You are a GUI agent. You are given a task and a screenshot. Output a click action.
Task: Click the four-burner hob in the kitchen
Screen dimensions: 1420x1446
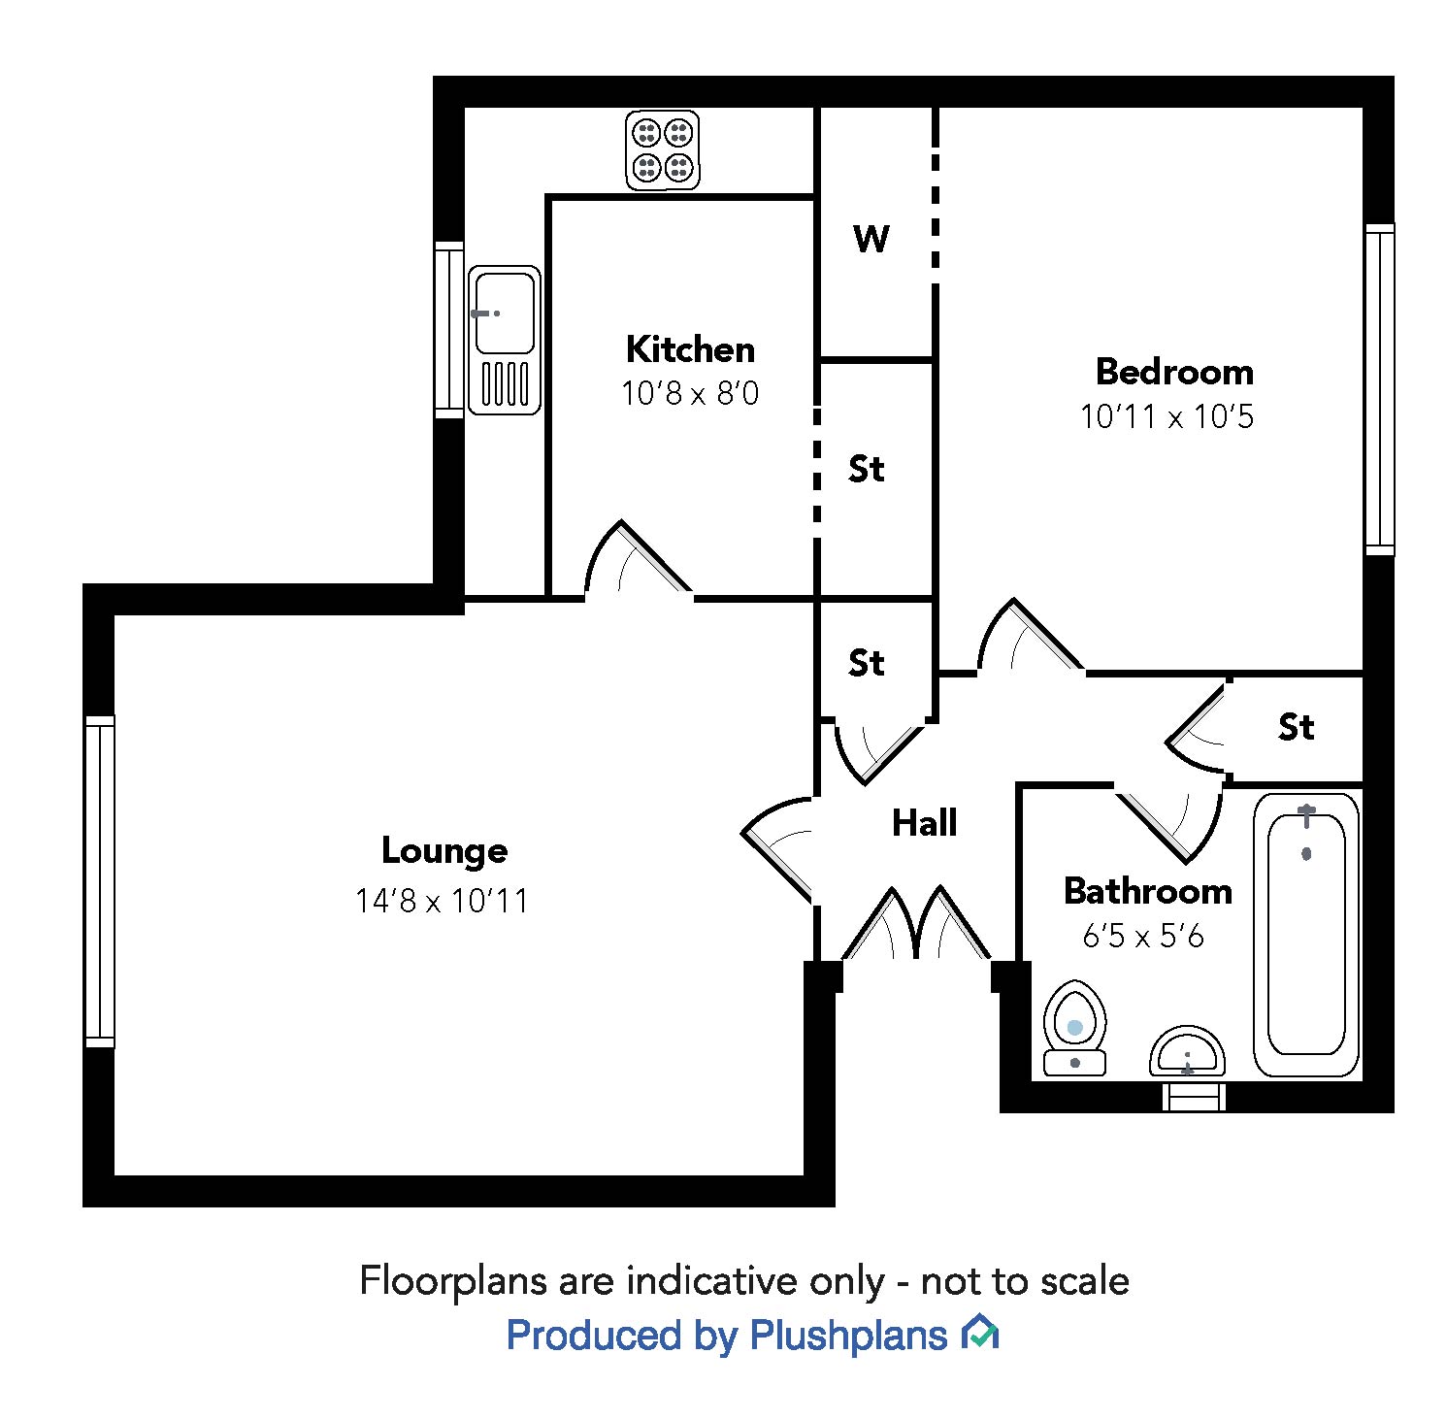(x=663, y=149)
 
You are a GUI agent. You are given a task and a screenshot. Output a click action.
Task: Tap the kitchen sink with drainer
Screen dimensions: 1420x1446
(x=504, y=340)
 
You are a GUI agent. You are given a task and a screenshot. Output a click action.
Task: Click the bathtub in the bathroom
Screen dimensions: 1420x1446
(x=1306, y=934)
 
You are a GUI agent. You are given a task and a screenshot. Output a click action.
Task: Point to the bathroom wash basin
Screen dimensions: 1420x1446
(x=1187, y=1051)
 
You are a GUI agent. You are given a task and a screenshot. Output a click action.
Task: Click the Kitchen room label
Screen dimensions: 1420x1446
(x=690, y=349)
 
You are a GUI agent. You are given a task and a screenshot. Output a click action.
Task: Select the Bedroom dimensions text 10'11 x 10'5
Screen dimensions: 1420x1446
(x=1167, y=417)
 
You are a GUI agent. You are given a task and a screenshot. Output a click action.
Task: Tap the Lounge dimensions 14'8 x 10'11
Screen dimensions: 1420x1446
(x=442, y=901)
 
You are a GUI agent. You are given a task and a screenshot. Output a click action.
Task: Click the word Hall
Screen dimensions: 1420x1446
(x=924, y=823)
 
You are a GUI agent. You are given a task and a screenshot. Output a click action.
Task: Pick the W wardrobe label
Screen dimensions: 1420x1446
(x=871, y=238)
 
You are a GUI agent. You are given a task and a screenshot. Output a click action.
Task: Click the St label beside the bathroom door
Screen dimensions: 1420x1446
(x=1296, y=727)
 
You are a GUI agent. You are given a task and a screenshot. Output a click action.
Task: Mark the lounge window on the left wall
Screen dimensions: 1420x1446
(x=100, y=881)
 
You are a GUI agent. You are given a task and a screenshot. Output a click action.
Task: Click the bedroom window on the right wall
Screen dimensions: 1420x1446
(x=1379, y=389)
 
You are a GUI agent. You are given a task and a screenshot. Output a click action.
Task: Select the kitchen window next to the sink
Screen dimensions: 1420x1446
(x=448, y=330)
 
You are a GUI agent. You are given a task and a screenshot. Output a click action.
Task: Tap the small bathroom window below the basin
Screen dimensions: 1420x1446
(x=1194, y=1096)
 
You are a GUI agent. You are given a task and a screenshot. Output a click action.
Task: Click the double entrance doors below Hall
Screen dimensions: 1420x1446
(x=916, y=927)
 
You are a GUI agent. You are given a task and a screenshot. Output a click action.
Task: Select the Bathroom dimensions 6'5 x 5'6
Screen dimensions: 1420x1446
(x=1143, y=937)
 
